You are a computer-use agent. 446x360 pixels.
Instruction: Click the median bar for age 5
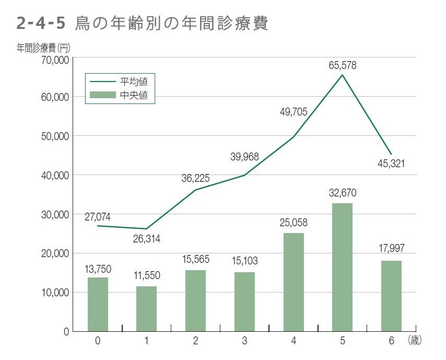pyautogui.click(x=342, y=267)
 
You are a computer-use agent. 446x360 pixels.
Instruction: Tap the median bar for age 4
pyautogui.click(x=294, y=282)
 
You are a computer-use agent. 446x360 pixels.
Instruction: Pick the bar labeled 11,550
pyautogui.click(x=146, y=308)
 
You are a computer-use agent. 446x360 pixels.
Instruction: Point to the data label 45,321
pyautogui.click(x=391, y=164)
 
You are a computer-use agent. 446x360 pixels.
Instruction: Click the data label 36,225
pyautogui.click(x=195, y=178)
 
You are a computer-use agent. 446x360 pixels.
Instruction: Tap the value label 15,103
pyautogui.click(x=244, y=260)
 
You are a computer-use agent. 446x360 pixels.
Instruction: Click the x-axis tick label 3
pyautogui.click(x=244, y=341)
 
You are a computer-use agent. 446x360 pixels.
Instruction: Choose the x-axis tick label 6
pyautogui.click(x=391, y=341)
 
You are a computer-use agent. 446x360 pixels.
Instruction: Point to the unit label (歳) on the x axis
pyautogui.click(x=414, y=341)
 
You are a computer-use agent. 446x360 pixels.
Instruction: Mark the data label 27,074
pyautogui.click(x=98, y=217)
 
